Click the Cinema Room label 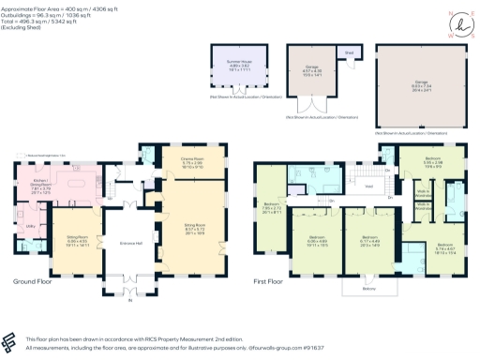pos(192,160)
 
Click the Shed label pos(351,52)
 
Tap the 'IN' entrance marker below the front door pos(130,303)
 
